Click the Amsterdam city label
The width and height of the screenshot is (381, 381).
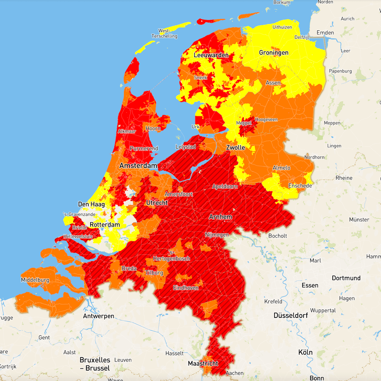(x=138, y=165)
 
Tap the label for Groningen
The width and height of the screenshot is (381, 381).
(x=274, y=53)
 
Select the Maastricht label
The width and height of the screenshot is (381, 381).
(x=203, y=364)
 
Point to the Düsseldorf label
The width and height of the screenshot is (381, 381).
(x=291, y=316)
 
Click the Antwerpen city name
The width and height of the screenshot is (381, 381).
(x=98, y=316)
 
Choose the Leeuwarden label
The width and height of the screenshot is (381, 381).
(x=211, y=55)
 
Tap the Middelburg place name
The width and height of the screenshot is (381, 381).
(x=35, y=280)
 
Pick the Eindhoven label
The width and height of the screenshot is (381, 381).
(x=186, y=288)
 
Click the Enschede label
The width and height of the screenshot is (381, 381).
(x=300, y=186)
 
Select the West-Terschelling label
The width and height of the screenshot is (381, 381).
(x=164, y=33)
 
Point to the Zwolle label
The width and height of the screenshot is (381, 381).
(x=235, y=148)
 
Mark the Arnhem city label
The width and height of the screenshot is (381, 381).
(x=220, y=217)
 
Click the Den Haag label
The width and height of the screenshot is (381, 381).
(x=91, y=204)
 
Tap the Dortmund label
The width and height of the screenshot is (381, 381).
(x=346, y=278)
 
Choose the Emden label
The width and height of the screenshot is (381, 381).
(x=325, y=33)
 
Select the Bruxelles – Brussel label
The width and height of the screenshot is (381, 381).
(x=95, y=364)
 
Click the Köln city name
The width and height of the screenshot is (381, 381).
(x=305, y=352)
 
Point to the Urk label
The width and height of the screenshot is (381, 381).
(x=196, y=127)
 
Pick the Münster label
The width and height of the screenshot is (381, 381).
(x=359, y=220)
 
